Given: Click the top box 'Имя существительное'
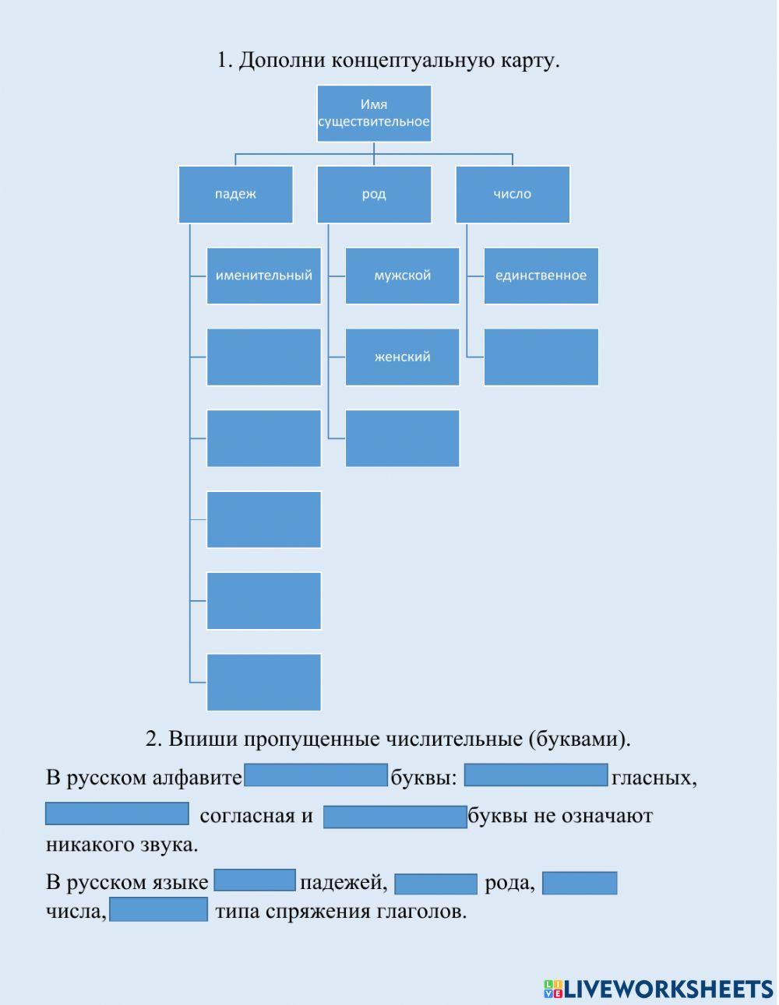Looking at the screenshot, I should point(374,114).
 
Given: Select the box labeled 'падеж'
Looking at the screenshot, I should point(235,195).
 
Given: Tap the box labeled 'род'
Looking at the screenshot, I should point(374,195).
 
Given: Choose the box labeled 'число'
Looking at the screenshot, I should point(513,195).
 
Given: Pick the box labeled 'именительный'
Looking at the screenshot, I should point(264,276).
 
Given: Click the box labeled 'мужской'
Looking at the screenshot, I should point(402,276).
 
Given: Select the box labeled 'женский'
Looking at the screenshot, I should point(402,357).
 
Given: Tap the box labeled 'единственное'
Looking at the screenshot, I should point(541,276).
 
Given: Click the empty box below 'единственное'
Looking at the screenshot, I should point(541,357).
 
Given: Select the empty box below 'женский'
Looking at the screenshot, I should point(402,438).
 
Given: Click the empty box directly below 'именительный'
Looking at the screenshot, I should point(264,357).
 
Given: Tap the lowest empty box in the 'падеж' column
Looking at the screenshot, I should point(264,682).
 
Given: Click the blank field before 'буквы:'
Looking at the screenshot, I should point(315,775).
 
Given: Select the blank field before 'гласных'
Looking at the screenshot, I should point(536,775).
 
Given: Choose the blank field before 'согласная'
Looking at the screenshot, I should point(117,813).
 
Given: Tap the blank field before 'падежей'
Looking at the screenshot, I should point(255,880).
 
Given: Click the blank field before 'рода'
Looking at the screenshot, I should point(435,884).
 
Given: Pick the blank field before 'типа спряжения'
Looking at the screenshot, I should point(159,909).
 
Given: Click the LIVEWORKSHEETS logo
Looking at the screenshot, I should point(658,989).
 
